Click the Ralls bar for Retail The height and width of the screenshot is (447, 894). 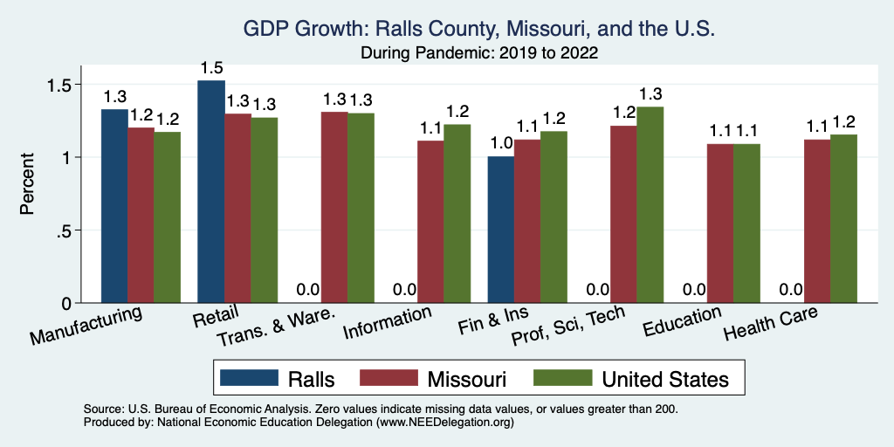pos(211,192)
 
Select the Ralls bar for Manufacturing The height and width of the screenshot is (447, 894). pos(114,206)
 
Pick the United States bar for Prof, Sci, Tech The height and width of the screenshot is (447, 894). pos(650,205)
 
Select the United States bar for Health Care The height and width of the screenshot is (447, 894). pos(843,219)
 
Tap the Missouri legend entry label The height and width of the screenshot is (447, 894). pos(466,379)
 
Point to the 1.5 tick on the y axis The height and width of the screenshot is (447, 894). pos(62,86)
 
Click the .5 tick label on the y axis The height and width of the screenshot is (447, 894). pos(67,230)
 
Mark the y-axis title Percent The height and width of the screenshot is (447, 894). pos(29,185)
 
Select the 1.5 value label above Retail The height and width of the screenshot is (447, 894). pos(211,68)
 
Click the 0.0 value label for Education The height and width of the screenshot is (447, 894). pos(694,290)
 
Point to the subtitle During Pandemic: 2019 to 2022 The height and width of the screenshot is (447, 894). pos(479,52)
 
